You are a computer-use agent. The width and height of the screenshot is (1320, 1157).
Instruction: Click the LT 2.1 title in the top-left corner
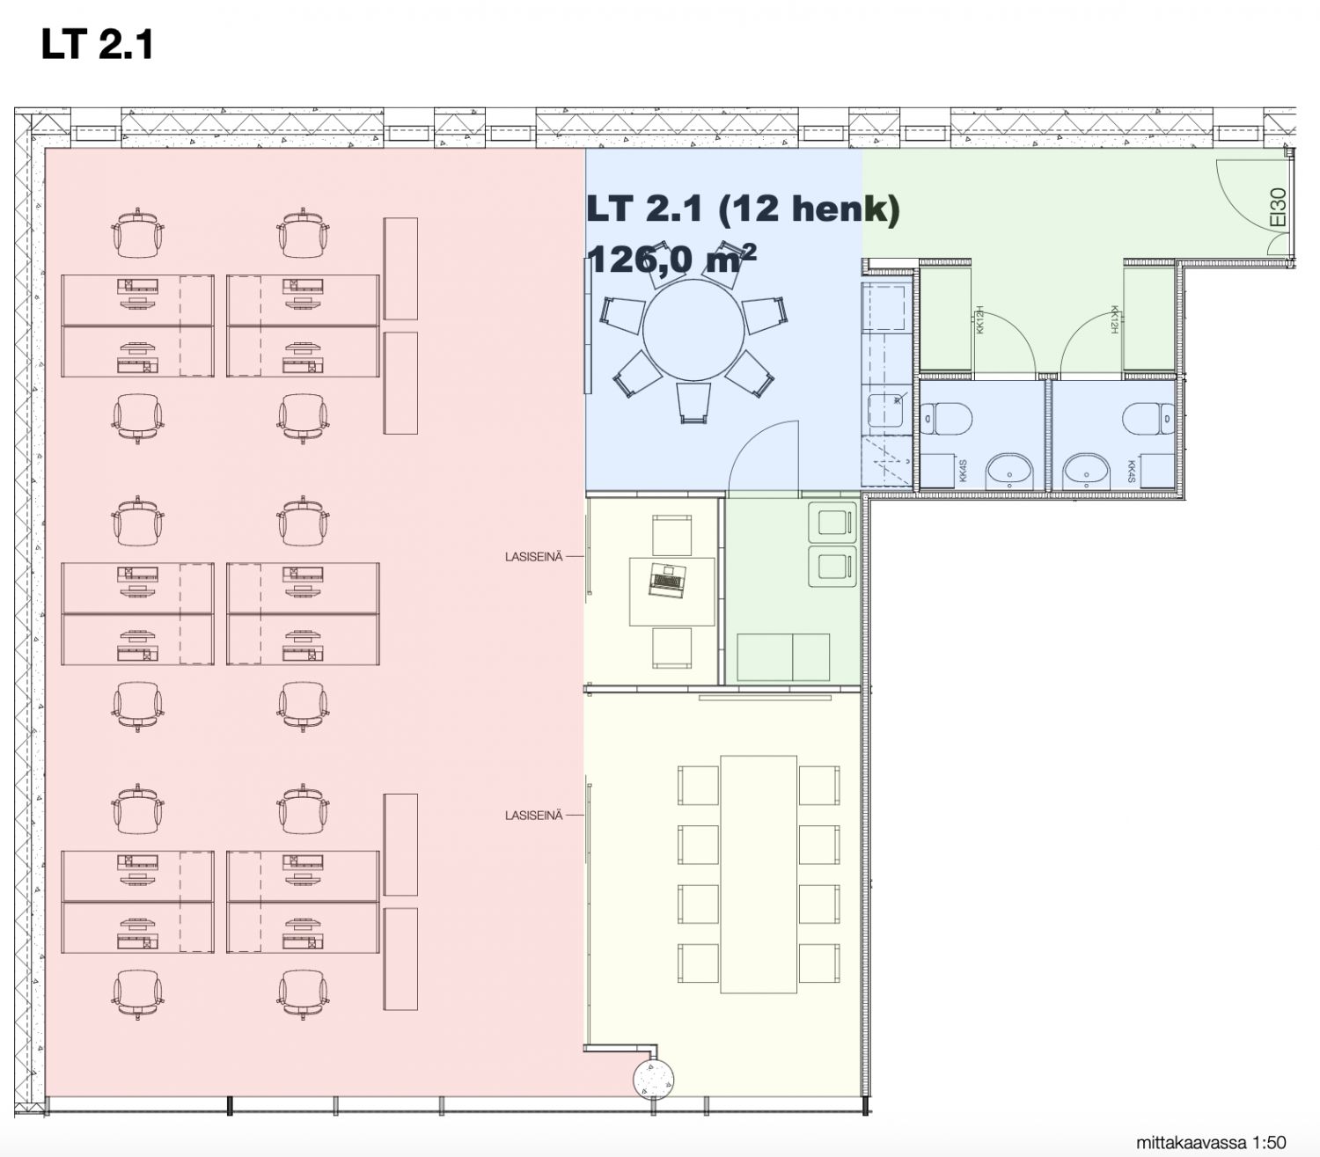tap(97, 44)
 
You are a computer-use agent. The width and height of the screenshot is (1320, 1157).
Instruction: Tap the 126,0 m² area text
tap(671, 259)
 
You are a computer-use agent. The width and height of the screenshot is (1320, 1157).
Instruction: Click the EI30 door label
tap(1279, 208)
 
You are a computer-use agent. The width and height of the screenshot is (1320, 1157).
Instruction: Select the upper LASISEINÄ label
tap(533, 557)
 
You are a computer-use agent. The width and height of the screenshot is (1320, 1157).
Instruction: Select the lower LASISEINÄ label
tap(533, 816)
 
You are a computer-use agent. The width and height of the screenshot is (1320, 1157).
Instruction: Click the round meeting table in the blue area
tap(693, 331)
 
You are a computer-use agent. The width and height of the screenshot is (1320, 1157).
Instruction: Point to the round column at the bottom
tap(653, 1076)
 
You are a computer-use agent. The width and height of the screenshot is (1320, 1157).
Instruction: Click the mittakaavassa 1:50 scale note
tap(1210, 1143)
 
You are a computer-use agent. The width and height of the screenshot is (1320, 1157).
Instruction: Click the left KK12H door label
tap(979, 319)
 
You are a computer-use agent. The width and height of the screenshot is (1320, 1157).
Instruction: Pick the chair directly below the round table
tap(693, 403)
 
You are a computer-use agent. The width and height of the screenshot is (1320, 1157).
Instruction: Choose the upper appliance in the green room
tap(832, 522)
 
